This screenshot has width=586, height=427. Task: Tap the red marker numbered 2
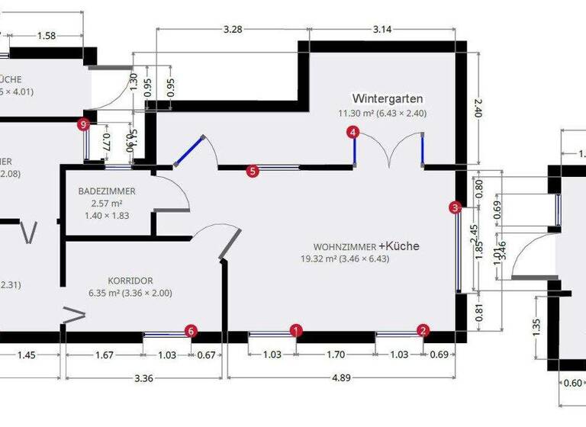click(x=423, y=330)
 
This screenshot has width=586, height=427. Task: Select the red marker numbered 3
click(x=456, y=207)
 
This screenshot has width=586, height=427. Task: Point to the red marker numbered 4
click(x=353, y=132)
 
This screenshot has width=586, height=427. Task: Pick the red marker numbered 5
click(x=253, y=172)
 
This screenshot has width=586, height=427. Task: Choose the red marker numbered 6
click(x=192, y=331)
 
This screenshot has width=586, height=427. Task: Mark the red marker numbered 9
click(x=84, y=124)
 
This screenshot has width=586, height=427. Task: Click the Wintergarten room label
click(x=387, y=99)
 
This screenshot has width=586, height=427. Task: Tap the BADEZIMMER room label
click(x=107, y=191)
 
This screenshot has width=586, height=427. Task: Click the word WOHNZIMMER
click(x=344, y=247)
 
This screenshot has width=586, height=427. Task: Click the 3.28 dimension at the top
click(x=233, y=30)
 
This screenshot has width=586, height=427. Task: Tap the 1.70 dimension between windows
click(x=336, y=354)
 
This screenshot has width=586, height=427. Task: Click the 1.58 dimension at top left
click(x=47, y=35)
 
